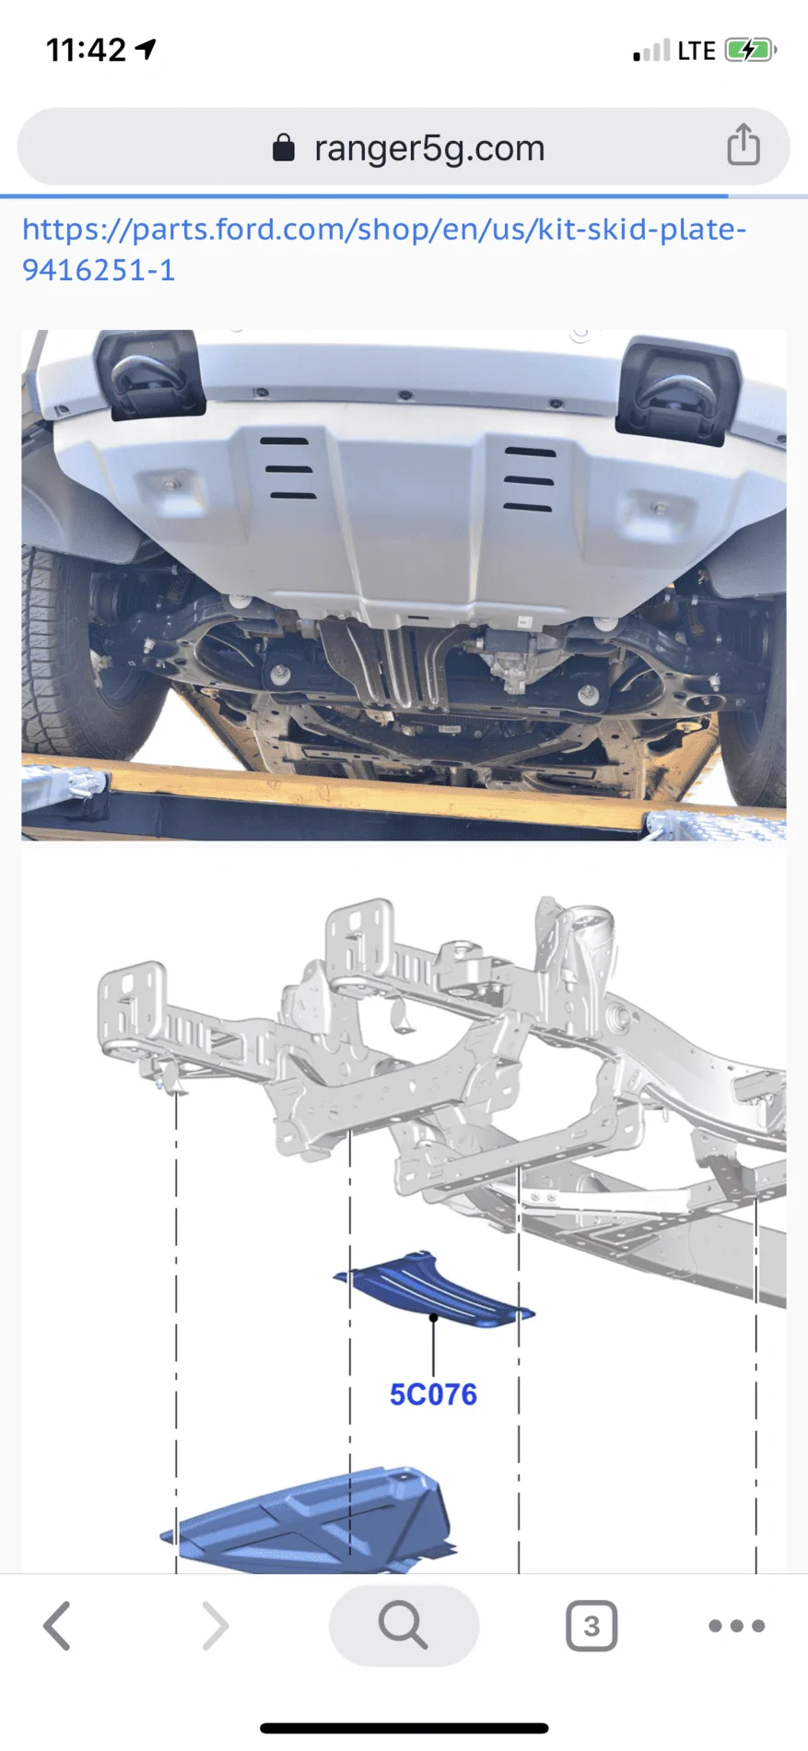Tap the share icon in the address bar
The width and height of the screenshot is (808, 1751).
[744, 145]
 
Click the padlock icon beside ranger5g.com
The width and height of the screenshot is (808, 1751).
[284, 147]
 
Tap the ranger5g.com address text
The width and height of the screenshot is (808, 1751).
[429, 148]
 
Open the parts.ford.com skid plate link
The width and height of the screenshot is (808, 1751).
[384, 249]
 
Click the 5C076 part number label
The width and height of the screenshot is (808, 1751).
[433, 1394]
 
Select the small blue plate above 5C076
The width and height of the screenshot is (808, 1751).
[434, 1289]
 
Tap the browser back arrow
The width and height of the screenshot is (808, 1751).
[57, 1626]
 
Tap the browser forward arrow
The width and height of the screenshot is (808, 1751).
[215, 1626]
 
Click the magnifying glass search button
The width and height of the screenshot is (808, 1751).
[404, 1626]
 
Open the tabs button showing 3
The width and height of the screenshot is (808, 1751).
[591, 1626]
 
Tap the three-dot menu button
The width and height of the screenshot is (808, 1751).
[737, 1626]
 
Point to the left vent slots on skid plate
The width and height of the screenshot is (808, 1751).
[288, 468]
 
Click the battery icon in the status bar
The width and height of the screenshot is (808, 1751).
[751, 50]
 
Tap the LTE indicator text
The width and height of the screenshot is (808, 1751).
[697, 51]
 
